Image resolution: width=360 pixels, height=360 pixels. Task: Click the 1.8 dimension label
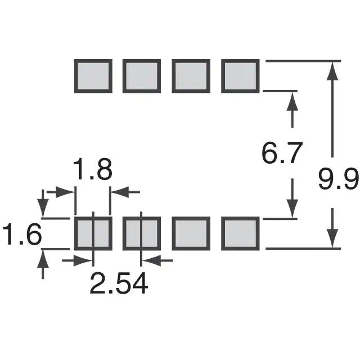[93, 170]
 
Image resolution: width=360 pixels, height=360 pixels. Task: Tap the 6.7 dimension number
[283, 154]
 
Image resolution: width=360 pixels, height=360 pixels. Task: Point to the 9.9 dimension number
[338, 181]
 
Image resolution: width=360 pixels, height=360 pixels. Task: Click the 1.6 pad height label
[21, 235]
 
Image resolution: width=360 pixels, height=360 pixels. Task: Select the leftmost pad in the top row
[93, 76]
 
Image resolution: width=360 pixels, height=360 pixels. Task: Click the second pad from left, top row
[142, 76]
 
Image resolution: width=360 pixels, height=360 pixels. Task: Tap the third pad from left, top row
[191, 76]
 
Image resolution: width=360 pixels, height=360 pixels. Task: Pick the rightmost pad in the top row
[240, 76]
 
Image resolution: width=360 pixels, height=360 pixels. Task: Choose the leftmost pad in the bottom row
[93, 233]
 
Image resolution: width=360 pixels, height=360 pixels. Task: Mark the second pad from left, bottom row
[142, 233]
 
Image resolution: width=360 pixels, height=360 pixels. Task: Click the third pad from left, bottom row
[191, 233]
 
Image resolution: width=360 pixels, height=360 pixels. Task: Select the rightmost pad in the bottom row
[240, 233]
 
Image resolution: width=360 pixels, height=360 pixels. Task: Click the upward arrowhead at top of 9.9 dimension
[333, 70]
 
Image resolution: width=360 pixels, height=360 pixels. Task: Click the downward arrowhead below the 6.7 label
[292, 209]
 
